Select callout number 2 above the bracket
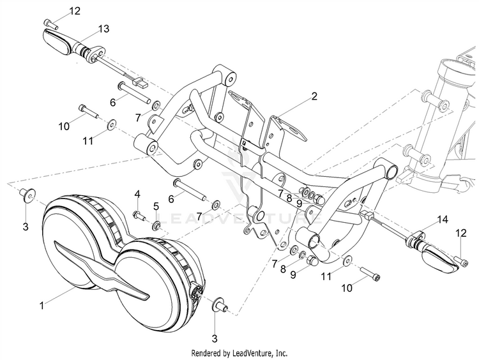314,96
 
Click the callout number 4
137,193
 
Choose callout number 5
155,206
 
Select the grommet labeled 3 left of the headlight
27,194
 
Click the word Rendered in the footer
209,352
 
